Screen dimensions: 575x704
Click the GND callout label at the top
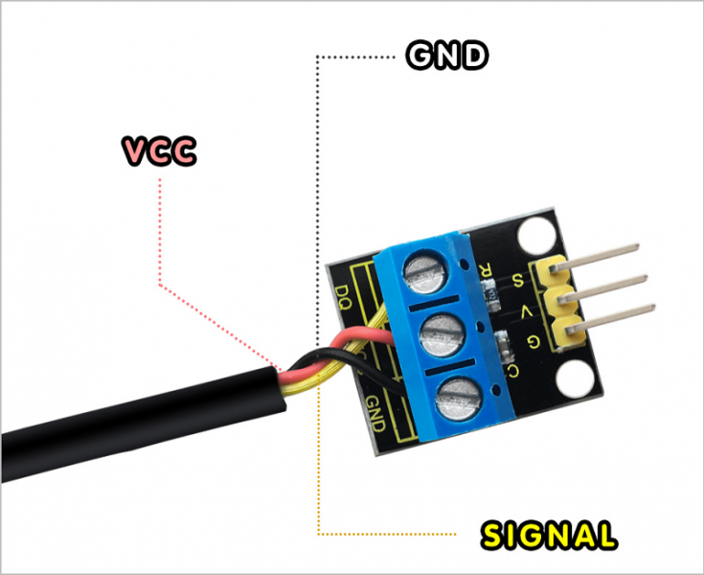coord(447,57)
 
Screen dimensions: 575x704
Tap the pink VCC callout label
coord(159,151)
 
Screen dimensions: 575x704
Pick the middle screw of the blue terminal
coord(438,335)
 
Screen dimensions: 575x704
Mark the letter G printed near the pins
coord(534,341)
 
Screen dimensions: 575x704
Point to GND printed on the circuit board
coord(376,412)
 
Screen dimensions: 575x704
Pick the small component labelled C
coord(504,344)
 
